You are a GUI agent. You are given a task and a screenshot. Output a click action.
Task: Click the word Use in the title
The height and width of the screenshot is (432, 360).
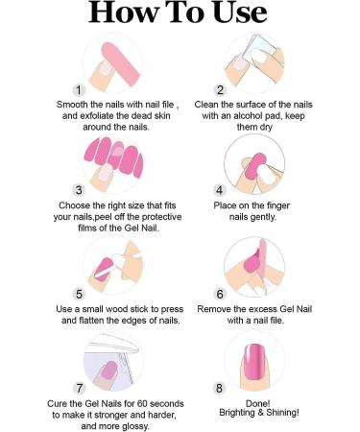(x=239, y=12)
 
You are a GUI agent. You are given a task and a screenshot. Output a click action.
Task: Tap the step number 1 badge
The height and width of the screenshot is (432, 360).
(x=79, y=90)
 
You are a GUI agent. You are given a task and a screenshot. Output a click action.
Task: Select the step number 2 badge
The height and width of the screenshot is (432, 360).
(x=220, y=90)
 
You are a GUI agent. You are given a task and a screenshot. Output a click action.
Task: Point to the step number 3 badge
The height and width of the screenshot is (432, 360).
(x=79, y=190)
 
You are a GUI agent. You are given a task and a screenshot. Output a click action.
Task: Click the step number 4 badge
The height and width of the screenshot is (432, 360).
(x=220, y=190)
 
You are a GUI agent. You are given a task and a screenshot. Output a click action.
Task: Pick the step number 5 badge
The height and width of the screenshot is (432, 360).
(x=79, y=294)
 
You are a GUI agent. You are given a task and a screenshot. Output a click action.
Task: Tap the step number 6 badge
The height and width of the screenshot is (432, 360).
(x=220, y=294)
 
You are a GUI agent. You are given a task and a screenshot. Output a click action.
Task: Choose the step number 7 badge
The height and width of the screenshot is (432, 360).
(x=79, y=388)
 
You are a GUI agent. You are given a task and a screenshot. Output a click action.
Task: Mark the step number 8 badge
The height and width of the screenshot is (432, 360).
(x=219, y=388)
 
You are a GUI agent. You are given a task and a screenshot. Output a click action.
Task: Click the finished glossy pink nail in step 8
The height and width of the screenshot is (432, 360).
(x=254, y=362)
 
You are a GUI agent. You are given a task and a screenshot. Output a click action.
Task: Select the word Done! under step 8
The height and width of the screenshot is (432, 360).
(x=257, y=403)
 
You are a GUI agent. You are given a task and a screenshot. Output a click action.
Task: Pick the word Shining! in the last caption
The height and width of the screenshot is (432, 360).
(x=283, y=413)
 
